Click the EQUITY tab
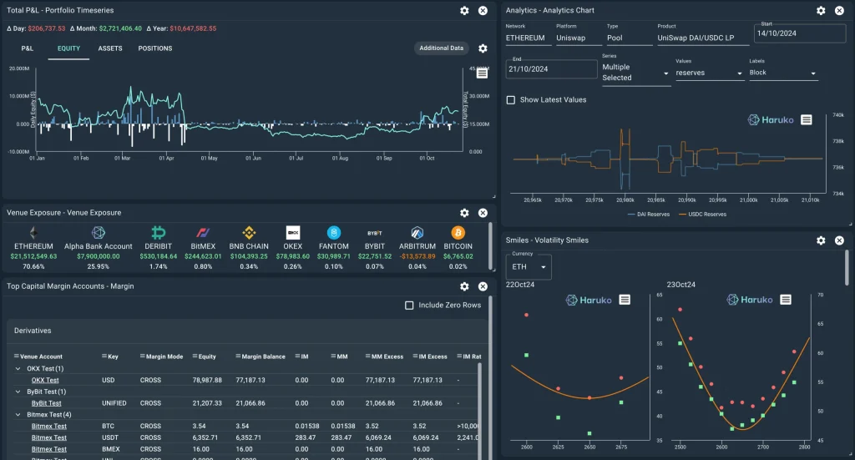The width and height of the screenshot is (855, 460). [x=68, y=48]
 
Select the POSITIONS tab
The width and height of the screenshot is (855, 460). [x=154, y=48]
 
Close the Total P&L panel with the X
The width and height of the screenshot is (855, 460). [x=483, y=11]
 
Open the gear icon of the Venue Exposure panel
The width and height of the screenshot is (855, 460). [x=464, y=213]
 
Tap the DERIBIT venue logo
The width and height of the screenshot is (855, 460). [x=159, y=233]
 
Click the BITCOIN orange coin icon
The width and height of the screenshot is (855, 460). [x=458, y=233]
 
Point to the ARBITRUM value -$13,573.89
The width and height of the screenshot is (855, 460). [x=418, y=256]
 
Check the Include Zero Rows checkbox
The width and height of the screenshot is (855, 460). [x=409, y=306]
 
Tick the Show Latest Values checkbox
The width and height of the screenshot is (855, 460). [x=511, y=100]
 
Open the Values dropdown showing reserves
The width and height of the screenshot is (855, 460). [x=709, y=73]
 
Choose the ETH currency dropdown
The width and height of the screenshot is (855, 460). [x=529, y=267]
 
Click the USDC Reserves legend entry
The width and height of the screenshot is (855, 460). [x=704, y=215]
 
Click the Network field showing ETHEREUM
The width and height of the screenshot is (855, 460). [x=525, y=38]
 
